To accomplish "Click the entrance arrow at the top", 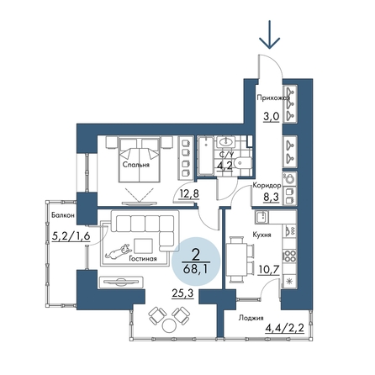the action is tap(270, 34).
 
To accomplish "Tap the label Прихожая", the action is tap(273, 98).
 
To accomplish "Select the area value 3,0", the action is tap(272, 116).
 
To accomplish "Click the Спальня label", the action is tap(136, 165).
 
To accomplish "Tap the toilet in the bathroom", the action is tap(243, 163).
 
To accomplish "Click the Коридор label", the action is tap(267, 185).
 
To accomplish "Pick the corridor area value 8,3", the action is tap(271, 197).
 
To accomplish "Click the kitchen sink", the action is tap(261, 217).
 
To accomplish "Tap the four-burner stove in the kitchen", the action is tap(290, 256).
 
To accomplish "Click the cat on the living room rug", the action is tap(118, 251).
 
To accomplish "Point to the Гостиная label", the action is tap(143, 259).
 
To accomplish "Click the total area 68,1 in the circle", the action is tap(196, 270).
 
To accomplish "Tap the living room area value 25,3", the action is tap(182, 294).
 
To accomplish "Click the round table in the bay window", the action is tap(169, 325).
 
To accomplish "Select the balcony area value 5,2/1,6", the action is tap(71, 236).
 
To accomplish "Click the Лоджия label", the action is tap(251, 318).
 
